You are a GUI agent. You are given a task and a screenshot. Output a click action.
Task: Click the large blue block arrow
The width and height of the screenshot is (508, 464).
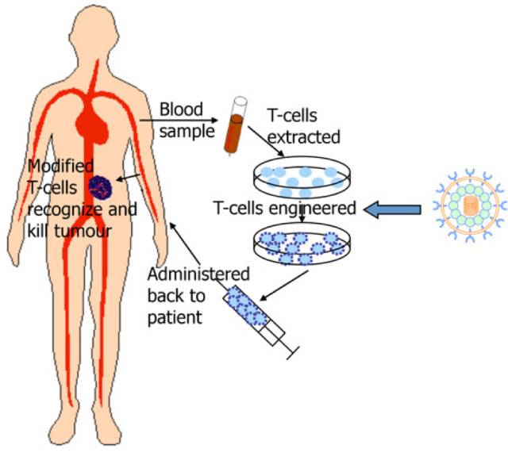coord(392,209)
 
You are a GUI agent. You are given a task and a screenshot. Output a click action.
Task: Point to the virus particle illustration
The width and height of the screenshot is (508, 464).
coord(471,209)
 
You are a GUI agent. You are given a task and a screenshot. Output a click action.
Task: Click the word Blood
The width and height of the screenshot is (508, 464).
coord(182,109)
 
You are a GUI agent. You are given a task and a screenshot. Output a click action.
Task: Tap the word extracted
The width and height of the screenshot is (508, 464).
coord(304,137)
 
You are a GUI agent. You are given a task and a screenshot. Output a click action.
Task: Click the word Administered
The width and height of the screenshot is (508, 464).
coord(198,274)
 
